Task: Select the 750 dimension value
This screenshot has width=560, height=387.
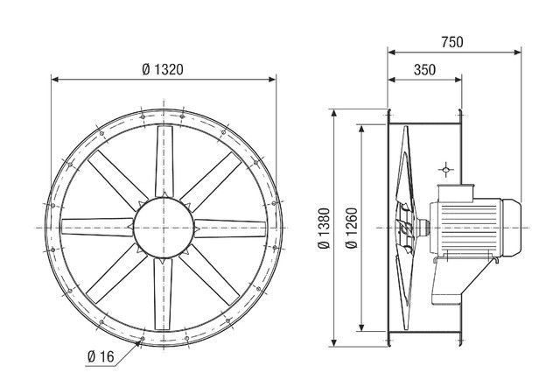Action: pos(451,41)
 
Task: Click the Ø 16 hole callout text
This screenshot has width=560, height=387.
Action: pos(101,355)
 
